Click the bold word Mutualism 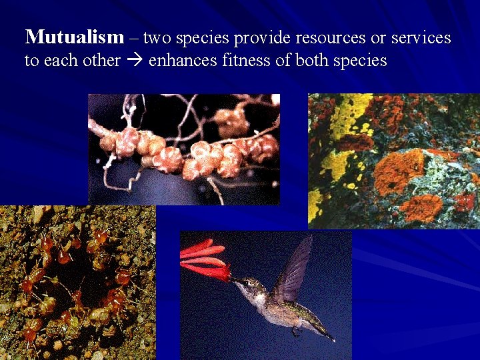point(74,37)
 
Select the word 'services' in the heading point(421,38)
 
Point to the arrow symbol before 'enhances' point(134,61)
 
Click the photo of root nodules point(183,149)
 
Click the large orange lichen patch point(398,171)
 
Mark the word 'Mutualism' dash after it point(133,38)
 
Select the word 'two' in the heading point(157,38)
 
